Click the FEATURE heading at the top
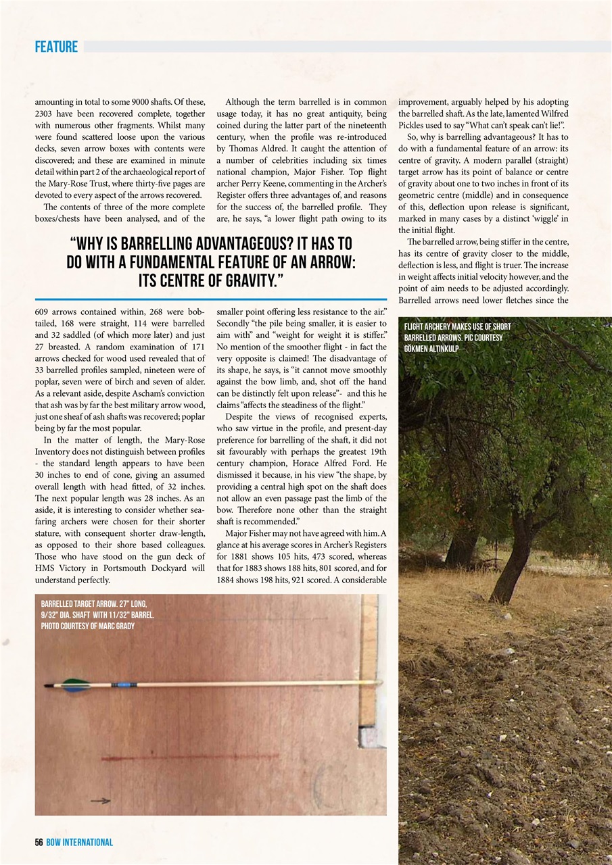[56, 47]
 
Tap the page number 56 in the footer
[39, 842]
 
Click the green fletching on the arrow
[74, 685]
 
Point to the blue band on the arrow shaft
[124, 685]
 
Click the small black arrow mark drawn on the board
[101, 801]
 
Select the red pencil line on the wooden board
[189, 757]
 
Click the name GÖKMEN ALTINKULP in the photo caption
[431, 349]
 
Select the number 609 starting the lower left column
[43, 312]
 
